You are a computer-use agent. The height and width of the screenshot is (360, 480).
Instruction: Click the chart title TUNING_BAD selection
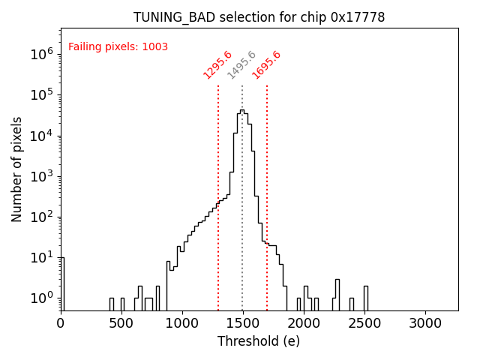(x=259, y=17)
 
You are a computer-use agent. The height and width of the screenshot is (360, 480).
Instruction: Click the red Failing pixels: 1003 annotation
(x=118, y=47)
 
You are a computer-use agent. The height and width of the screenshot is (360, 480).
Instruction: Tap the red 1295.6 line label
(x=217, y=65)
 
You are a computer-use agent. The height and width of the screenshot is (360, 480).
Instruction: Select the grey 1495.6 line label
(x=241, y=65)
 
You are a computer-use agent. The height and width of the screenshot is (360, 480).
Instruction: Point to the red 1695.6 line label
(x=266, y=65)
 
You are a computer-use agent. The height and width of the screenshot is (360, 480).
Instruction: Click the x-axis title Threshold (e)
(x=259, y=341)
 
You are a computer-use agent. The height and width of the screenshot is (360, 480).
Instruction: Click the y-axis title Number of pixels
(x=17, y=169)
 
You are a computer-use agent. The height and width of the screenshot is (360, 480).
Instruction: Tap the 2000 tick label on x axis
(x=304, y=322)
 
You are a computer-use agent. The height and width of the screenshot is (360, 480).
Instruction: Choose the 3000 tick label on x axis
(x=425, y=322)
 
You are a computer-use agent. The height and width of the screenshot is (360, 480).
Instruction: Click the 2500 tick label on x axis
(x=364, y=322)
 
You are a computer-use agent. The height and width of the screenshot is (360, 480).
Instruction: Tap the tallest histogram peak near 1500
(x=241, y=111)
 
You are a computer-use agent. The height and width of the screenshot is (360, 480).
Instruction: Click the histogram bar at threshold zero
(x=62, y=285)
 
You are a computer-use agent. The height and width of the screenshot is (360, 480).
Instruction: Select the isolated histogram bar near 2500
(x=366, y=298)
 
